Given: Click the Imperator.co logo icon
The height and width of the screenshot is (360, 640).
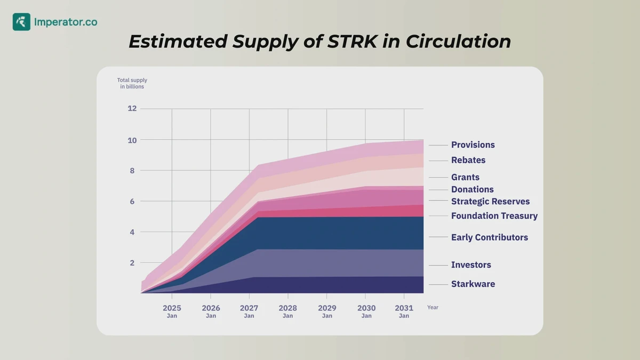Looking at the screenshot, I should (x=21, y=22).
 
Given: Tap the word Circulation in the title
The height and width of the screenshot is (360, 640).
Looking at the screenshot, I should (x=458, y=42).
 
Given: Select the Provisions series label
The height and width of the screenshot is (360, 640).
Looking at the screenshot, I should (x=473, y=145).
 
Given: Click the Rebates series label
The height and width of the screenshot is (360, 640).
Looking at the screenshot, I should (x=468, y=160).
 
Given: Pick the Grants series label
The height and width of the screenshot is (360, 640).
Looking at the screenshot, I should (x=465, y=177).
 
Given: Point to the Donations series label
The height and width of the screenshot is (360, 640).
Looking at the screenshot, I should (x=472, y=189).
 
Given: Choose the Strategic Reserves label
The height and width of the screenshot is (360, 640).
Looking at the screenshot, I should (x=490, y=202).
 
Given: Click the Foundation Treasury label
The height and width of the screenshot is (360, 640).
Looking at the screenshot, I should (x=494, y=216).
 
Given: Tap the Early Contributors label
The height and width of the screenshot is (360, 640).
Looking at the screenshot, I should (x=489, y=237).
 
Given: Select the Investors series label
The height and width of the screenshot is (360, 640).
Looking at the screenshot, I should (x=471, y=265).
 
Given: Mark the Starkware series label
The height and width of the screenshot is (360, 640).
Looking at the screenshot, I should (x=473, y=284).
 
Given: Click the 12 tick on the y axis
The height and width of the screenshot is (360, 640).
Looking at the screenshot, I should (x=132, y=108).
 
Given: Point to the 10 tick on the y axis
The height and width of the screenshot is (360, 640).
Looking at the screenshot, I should (x=132, y=140).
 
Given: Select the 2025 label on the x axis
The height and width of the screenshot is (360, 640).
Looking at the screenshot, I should (x=172, y=308).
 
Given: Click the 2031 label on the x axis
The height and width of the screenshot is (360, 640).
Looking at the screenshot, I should (x=404, y=308).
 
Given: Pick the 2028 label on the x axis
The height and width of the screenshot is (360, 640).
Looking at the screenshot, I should (x=287, y=308).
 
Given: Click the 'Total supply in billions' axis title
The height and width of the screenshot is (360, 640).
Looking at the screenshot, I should (x=132, y=83).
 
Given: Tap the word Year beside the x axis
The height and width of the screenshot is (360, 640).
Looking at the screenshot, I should (x=433, y=307).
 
